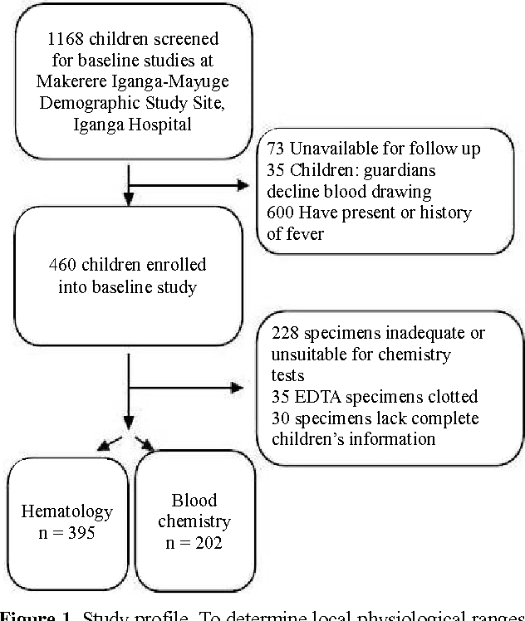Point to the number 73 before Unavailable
coord(276,149)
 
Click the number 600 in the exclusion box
coord(279,213)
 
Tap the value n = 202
coord(194,542)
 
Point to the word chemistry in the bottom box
coord(193,521)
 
